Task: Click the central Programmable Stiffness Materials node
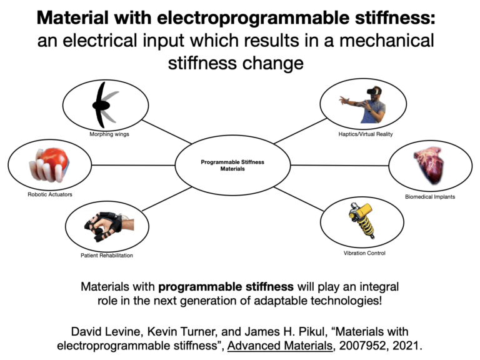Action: [232, 166]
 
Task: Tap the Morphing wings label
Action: [109, 134]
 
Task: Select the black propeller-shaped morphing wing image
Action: [103, 105]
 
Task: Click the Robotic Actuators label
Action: [50, 194]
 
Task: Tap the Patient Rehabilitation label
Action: [107, 255]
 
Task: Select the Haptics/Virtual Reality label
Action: [366, 134]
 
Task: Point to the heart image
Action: [430, 164]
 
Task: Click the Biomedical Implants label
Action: [430, 197]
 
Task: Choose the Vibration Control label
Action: [364, 253]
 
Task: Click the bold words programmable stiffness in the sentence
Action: [226, 287]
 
